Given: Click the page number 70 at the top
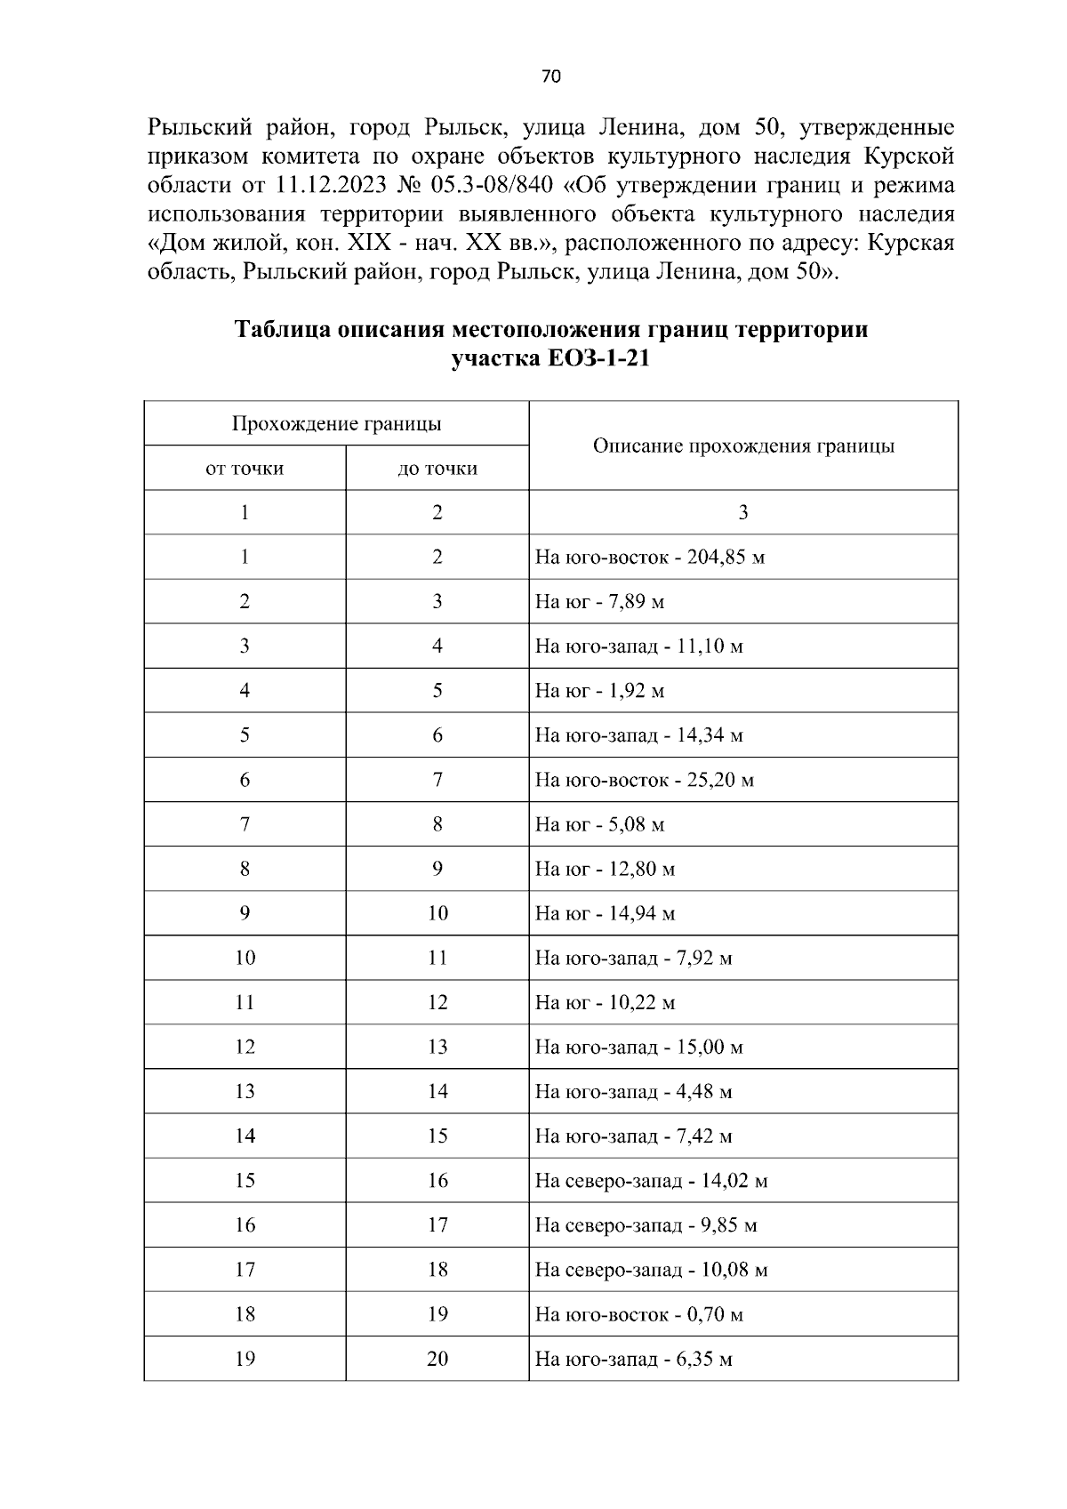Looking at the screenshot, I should point(550,76).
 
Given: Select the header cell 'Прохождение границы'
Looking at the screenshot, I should point(336,423).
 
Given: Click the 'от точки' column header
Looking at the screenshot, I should point(245,468).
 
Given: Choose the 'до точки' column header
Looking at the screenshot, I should point(437,468).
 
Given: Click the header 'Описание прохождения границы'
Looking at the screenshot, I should point(743,445).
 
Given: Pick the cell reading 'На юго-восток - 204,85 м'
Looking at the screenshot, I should point(650,558).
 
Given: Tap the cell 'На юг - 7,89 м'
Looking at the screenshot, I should point(599,602).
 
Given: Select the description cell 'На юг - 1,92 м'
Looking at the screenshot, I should point(599,691).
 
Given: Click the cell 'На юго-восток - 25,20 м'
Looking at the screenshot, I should point(645,781).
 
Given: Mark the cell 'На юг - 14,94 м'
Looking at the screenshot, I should point(605,914).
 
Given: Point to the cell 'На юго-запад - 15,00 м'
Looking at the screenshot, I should point(638,1047).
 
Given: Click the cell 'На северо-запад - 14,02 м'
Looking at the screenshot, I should point(651,1181).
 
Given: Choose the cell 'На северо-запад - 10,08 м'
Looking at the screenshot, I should point(651,1270).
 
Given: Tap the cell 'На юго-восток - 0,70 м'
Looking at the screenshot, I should point(638,1314).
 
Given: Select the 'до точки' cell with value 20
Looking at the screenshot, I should point(437,1359).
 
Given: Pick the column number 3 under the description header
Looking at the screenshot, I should point(743,512).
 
